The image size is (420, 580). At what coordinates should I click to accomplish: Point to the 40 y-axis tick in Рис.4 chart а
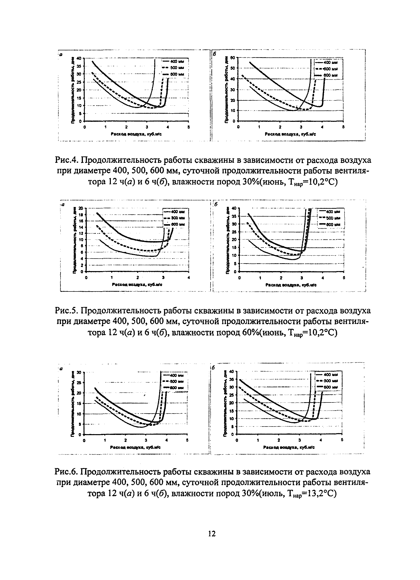79,58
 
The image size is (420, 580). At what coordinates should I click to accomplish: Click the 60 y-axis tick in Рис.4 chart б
233,58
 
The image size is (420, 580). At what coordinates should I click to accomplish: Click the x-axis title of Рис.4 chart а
136,134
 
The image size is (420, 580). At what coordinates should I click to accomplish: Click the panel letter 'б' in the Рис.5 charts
216,205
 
